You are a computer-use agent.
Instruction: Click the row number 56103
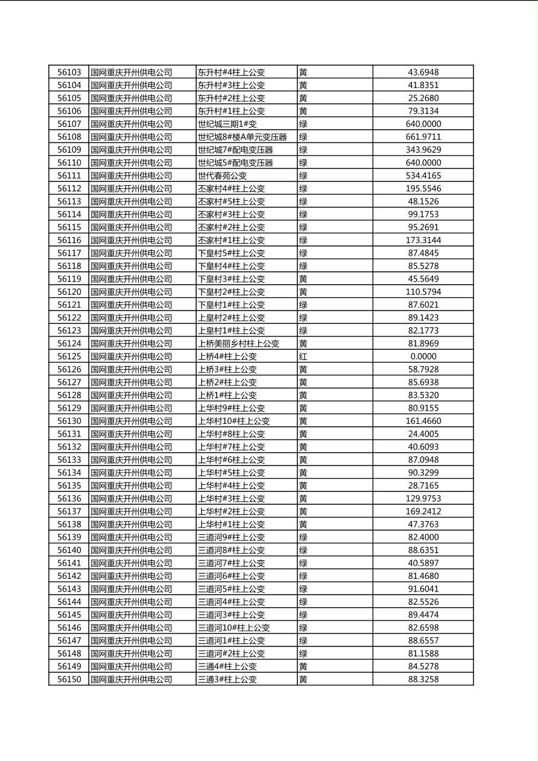click(x=69, y=72)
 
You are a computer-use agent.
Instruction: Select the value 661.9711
click(x=423, y=137)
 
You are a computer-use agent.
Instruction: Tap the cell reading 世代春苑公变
click(x=222, y=175)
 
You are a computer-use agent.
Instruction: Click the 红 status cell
click(x=303, y=356)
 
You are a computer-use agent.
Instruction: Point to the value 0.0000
click(x=423, y=356)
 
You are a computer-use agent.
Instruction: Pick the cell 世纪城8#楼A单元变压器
click(x=242, y=137)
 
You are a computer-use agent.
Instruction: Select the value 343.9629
click(x=423, y=150)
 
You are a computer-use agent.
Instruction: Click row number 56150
click(x=69, y=679)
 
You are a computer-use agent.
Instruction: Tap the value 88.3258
click(x=423, y=679)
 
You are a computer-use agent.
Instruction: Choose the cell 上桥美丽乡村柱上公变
click(x=238, y=344)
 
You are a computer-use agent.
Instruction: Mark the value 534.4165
click(x=423, y=175)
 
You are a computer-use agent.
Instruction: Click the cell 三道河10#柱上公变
click(x=233, y=628)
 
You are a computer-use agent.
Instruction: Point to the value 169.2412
click(x=423, y=511)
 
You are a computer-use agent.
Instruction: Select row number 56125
click(x=69, y=356)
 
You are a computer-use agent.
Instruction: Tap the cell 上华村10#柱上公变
click(x=233, y=421)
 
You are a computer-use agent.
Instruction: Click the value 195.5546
click(x=423, y=189)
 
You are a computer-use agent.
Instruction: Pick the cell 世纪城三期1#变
click(x=226, y=124)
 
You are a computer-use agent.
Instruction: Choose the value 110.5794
click(x=423, y=292)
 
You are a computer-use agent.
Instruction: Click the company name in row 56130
click(x=131, y=421)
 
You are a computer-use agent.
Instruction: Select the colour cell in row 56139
click(x=303, y=537)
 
